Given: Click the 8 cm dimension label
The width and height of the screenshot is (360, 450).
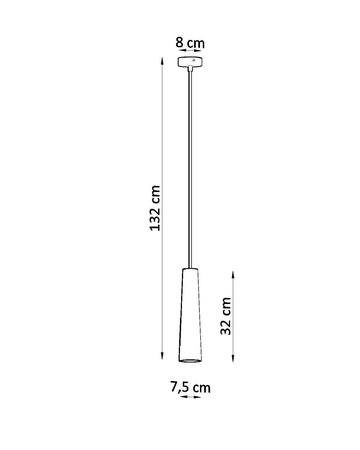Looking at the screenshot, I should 189,43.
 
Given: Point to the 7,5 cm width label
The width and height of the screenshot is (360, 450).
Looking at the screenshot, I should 190,384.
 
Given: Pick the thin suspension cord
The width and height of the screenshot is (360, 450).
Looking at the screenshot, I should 189,170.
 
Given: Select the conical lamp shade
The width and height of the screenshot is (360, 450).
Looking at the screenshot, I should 189,310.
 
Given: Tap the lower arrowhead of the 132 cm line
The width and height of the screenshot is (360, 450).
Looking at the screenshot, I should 161,360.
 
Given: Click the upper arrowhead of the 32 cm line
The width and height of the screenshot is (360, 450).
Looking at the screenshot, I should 233,269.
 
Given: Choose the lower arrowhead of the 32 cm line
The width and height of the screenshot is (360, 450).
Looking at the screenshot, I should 233,360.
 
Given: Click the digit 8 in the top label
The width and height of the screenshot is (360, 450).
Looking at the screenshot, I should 180,43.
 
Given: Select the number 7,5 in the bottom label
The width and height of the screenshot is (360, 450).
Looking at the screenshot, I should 180,384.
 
